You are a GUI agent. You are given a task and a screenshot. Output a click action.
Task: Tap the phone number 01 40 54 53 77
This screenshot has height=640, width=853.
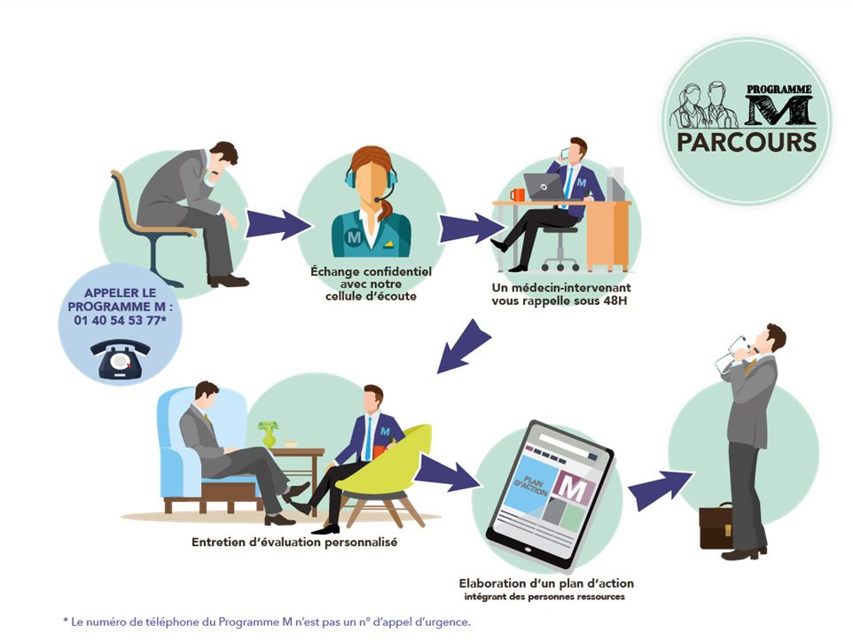pos(118,320)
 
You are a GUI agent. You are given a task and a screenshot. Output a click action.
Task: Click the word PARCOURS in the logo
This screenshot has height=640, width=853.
pos(747,143)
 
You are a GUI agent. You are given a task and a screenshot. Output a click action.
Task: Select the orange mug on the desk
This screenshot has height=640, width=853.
pos(517,195)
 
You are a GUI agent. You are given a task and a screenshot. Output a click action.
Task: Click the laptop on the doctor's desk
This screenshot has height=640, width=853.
pos(544,186)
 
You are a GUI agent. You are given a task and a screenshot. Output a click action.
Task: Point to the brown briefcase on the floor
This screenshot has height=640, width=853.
pos(716,526)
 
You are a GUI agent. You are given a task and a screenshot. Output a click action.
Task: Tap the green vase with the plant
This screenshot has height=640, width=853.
pos(268,433)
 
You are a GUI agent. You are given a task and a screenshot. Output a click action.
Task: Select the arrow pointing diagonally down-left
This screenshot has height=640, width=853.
pos(464,347)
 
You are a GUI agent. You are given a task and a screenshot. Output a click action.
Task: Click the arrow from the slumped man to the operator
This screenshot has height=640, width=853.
pos(278,224)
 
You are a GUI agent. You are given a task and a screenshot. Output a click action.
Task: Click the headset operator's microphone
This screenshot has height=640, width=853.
pos(378,200)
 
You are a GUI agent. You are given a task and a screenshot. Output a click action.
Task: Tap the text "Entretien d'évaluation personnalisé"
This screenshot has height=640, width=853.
pos(294,542)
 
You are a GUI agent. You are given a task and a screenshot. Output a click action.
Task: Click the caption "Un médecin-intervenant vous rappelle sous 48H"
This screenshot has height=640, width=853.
pos(561,294)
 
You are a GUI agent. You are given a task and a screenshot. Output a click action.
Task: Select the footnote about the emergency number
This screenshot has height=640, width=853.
pos(267,621)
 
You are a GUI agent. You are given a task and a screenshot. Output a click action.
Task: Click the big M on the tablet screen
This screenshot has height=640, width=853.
pos(571,488)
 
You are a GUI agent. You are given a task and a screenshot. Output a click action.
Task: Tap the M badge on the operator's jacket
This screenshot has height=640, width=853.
pos(354,237)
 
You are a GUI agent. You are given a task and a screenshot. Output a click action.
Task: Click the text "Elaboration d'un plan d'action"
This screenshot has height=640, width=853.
pos(546,583)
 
